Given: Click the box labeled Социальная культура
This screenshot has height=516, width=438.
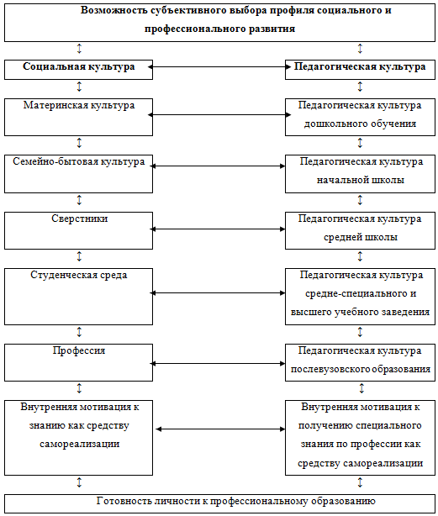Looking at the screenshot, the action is click(78, 70).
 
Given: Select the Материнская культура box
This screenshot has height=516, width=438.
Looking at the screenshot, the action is click(78, 117).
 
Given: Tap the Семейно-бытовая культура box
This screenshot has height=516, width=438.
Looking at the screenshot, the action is click(78, 174).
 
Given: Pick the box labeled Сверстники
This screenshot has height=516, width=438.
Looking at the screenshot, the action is click(78, 230).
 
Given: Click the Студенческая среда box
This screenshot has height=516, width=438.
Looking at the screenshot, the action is click(78, 297).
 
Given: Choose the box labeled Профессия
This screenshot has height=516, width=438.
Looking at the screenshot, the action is click(78, 362).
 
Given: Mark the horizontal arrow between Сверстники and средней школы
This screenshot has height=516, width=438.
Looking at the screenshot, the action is click(218, 229).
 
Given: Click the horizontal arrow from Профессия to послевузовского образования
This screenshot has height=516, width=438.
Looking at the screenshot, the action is click(218, 363).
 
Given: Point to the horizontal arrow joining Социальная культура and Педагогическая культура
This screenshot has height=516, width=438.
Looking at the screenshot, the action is click(219, 67).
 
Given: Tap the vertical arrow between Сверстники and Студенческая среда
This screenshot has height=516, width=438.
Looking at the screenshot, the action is click(79, 256).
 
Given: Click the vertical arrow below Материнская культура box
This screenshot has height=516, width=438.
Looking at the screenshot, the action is click(79, 143).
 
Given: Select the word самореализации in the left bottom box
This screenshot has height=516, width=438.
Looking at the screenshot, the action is click(79, 444).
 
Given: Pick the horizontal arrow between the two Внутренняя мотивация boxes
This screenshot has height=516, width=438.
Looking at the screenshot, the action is click(220, 429).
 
